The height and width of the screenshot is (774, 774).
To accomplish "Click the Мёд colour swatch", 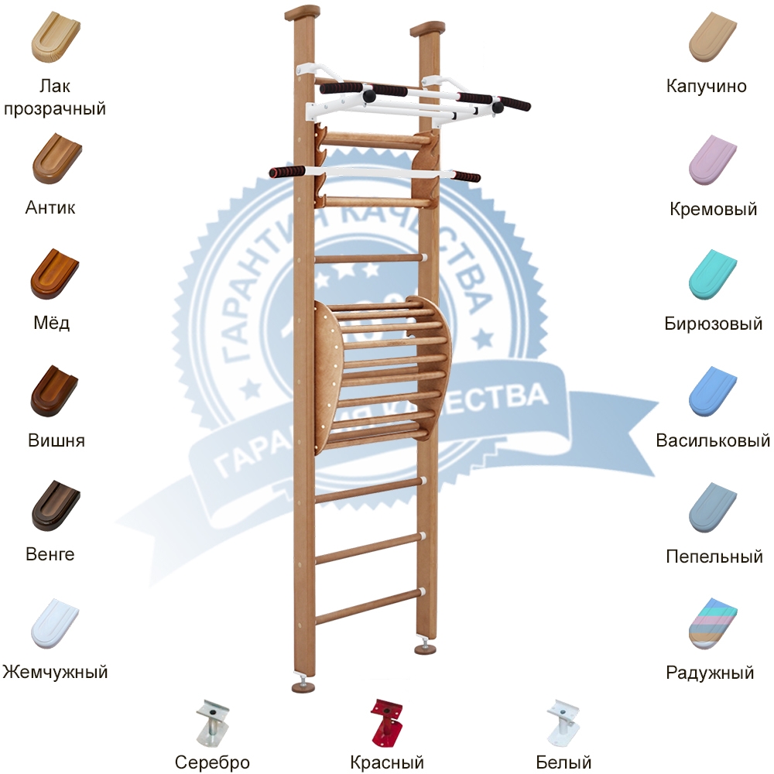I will coord(54,275).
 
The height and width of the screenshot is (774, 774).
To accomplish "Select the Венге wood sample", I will coord(55,505).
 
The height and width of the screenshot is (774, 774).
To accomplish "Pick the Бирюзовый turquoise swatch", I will coord(713,275).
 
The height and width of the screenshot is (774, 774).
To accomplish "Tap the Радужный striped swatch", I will coord(713,623).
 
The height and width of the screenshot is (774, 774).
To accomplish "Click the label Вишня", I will coord(57,440).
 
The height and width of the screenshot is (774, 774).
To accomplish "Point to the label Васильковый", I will coord(713,440).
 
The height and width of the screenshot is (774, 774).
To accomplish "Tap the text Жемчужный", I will coord(55,672).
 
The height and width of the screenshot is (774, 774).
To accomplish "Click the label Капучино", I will coord(707,86).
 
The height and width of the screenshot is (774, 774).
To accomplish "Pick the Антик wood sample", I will coord(55,159).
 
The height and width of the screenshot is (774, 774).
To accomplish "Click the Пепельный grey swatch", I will coord(713,506).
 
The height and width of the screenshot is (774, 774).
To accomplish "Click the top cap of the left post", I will coord(302,13).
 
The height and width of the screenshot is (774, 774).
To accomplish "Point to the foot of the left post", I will coord(303,685).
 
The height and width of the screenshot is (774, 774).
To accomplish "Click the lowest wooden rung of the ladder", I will coord(370,605).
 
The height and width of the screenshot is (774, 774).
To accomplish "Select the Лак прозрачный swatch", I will coord(55,39).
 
